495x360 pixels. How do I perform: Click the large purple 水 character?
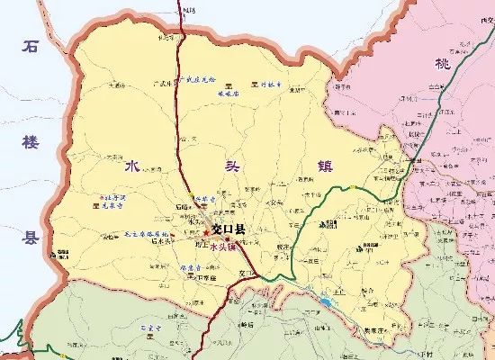[131, 166]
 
